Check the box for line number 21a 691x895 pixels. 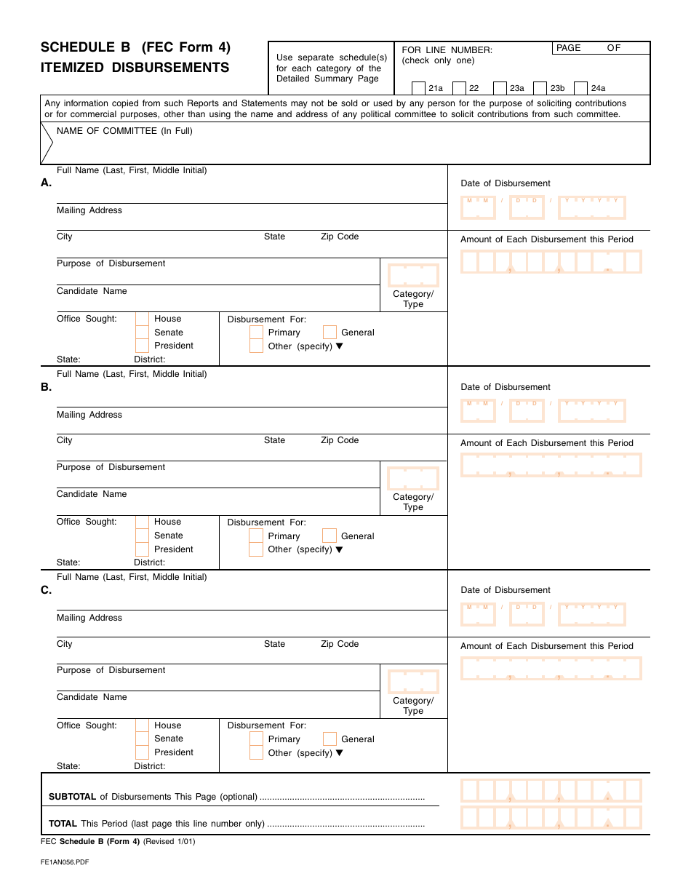click(x=418, y=88)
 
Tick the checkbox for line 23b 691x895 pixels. click(x=540, y=88)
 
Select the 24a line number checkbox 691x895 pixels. click(x=580, y=88)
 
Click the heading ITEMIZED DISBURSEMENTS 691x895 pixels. click(x=135, y=68)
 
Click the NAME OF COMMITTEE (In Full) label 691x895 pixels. click(x=124, y=131)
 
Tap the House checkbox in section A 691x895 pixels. click(x=142, y=319)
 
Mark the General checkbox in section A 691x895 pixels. click(x=329, y=333)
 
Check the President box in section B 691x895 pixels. click(x=142, y=549)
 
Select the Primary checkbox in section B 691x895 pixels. click(x=256, y=536)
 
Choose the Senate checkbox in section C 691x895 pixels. click(x=142, y=739)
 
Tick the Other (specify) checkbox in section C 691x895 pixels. click(x=256, y=753)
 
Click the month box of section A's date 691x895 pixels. click(x=478, y=207)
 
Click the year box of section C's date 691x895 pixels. click(x=591, y=615)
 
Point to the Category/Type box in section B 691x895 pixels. click(x=413, y=478)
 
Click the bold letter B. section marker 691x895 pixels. click(x=47, y=387)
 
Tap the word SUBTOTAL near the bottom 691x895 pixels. click(x=72, y=797)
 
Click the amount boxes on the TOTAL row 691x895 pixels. click(x=551, y=818)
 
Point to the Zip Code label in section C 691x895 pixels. click(x=340, y=644)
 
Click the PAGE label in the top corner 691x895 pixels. click(x=568, y=48)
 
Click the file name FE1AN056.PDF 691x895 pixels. click(x=65, y=862)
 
